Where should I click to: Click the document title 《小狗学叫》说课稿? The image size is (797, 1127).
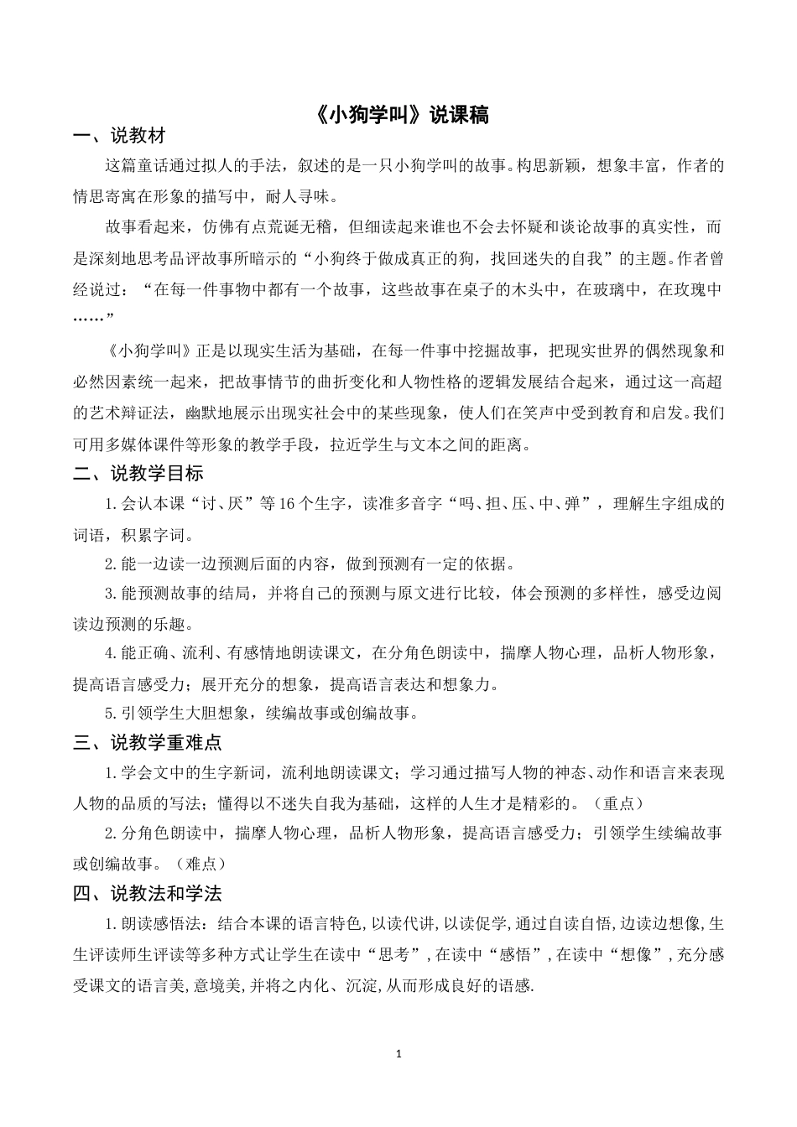[x=398, y=115]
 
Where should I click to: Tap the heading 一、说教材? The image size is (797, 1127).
[x=119, y=136]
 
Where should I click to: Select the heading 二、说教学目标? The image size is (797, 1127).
[x=138, y=474]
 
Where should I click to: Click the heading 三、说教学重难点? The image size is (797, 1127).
[x=147, y=742]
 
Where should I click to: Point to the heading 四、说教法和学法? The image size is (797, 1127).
[x=147, y=894]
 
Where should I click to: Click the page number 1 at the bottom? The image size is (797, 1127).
[x=398, y=1053]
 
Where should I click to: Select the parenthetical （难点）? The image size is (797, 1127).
[x=198, y=863]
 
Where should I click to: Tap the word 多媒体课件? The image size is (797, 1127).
[x=166, y=444]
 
